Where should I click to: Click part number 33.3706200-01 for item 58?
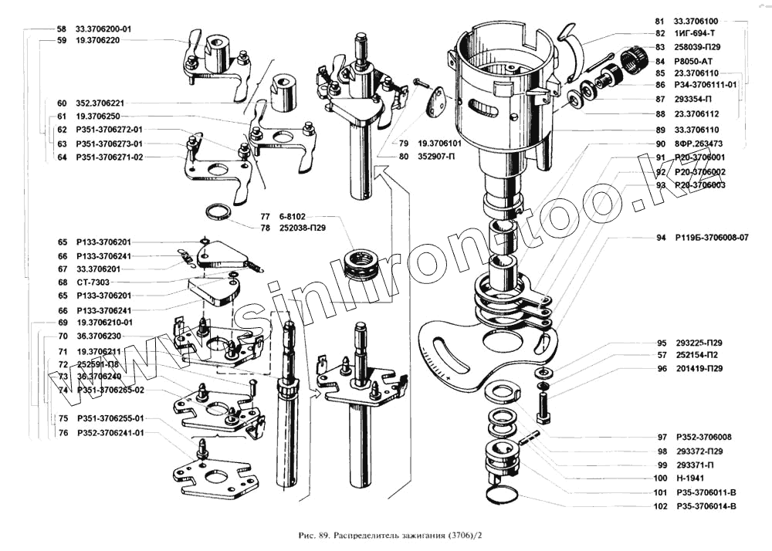coord(104,29)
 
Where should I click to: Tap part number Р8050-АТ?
coord(698,60)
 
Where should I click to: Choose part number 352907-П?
coord(440,157)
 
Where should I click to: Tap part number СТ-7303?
coord(93,282)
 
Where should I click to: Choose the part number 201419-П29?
coord(699,369)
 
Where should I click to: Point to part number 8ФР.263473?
coord(698,144)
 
